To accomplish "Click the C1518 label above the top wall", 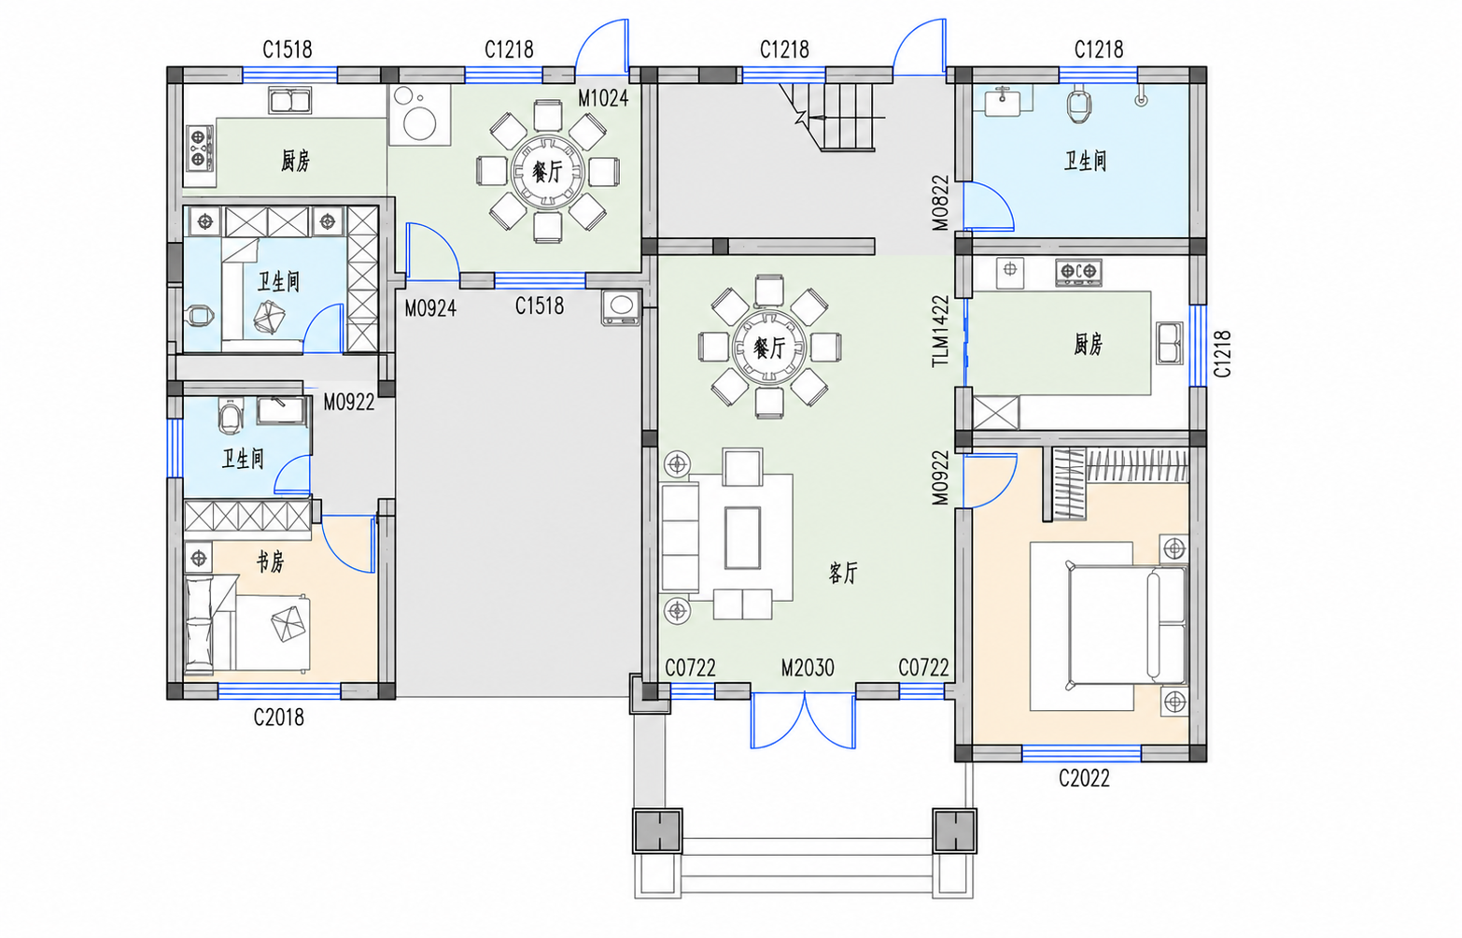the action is click(x=288, y=50).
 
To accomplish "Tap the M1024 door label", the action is click(x=603, y=99).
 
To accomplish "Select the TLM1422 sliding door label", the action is click(x=940, y=331).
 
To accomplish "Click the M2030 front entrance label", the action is click(x=808, y=668).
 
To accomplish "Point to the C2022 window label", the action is click(x=1084, y=778).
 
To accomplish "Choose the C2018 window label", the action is click(x=279, y=718).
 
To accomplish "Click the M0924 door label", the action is click(x=430, y=307).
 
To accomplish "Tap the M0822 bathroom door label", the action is click(x=940, y=203).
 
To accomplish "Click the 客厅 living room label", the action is click(x=843, y=573).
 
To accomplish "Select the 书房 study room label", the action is click(x=270, y=561).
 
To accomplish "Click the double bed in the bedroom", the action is click(x=1127, y=625).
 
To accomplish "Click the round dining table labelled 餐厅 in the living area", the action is click(x=769, y=347).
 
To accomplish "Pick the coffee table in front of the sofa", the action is click(x=743, y=538).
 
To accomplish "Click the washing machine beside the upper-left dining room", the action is click(x=419, y=115).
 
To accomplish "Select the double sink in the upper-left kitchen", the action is click(x=289, y=101).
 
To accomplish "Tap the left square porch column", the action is click(x=657, y=831).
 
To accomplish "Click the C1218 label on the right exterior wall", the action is click(x=1222, y=353).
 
